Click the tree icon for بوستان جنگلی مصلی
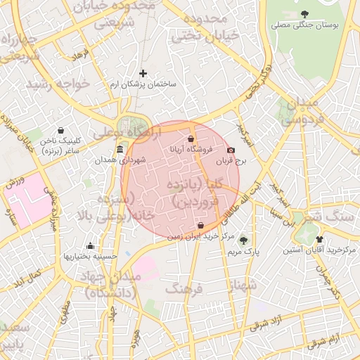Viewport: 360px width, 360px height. [304, 13]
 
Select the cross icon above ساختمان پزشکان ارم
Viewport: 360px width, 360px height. [143, 73]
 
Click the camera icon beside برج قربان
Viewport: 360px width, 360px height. [231, 150]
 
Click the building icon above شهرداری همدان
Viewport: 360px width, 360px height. [120, 150]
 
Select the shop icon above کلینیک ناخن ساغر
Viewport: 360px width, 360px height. [60, 130]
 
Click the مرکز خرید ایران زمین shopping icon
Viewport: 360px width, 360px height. [202, 226]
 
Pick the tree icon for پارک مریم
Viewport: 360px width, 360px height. [244, 240]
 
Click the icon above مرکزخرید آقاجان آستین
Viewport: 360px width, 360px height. [319, 239]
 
